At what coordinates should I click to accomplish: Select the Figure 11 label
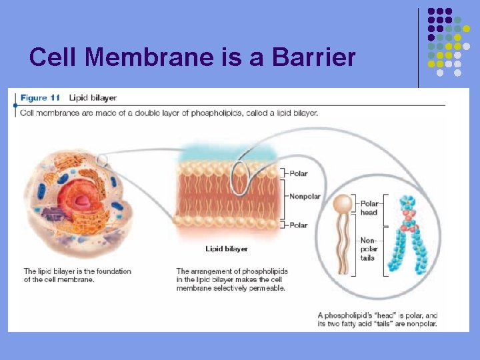(x=40, y=98)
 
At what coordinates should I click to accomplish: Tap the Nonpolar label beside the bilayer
(x=305, y=197)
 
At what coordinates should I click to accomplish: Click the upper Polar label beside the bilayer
(x=298, y=173)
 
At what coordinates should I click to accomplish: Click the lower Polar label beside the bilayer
(x=298, y=225)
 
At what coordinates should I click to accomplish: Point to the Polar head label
(x=369, y=208)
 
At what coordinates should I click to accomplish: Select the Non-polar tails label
(x=368, y=249)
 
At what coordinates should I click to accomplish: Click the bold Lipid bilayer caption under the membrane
(x=227, y=249)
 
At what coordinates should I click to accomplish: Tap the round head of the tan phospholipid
(x=343, y=203)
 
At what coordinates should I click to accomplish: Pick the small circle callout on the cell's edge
(x=102, y=160)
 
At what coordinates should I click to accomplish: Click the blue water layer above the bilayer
(x=230, y=153)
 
